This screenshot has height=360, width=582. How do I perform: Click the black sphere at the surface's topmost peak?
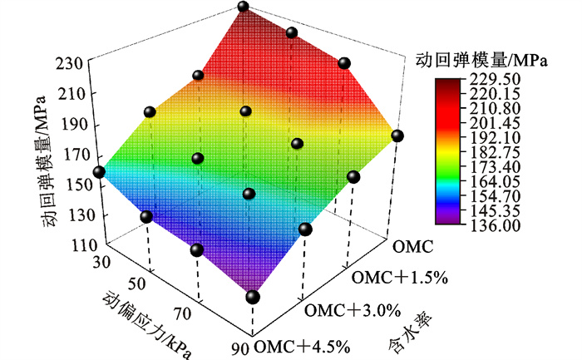[x=244, y=7]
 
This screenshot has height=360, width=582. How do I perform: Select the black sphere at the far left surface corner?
[x=99, y=172]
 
